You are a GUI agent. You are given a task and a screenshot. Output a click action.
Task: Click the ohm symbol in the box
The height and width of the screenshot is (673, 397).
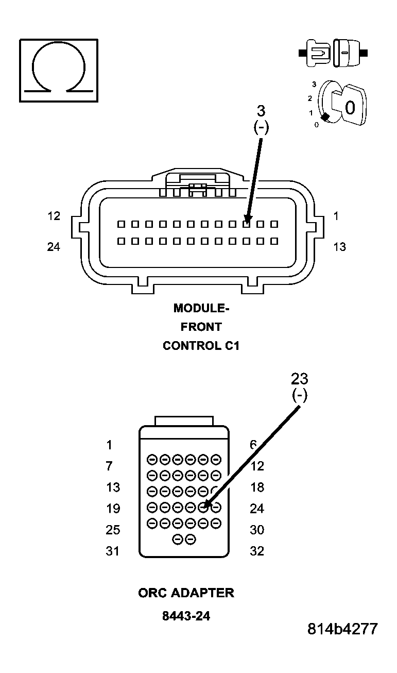[58, 71]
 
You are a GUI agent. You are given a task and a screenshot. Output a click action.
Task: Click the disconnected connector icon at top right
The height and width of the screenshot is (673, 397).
[333, 53]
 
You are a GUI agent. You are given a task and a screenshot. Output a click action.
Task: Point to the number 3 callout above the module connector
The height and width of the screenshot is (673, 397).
[261, 111]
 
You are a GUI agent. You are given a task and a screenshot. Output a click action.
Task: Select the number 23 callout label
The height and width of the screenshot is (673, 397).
[299, 379]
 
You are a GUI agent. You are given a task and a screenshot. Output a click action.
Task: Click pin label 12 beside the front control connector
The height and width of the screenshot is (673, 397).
[54, 216]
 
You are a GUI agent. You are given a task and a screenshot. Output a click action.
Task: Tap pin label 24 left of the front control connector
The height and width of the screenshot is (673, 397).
[54, 247]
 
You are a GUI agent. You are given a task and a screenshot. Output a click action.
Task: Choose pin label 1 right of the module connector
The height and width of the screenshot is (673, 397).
[336, 216]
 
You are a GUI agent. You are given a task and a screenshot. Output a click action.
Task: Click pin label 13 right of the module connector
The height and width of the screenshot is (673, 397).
[339, 247]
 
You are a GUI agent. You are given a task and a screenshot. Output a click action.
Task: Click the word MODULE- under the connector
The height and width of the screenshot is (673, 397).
[201, 308]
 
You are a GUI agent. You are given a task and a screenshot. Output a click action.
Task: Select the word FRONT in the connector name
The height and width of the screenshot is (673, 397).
[201, 327]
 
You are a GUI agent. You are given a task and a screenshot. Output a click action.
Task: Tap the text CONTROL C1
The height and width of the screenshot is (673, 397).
[201, 346]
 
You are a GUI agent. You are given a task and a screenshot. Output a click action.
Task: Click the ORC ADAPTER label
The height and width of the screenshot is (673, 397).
[186, 593]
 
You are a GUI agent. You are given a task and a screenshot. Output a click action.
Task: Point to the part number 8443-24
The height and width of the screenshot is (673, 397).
[186, 616]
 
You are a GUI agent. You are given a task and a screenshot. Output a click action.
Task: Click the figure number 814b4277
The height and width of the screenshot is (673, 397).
[342, 629]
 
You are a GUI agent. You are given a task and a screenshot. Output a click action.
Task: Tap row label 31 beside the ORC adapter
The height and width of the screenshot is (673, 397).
[112, 551]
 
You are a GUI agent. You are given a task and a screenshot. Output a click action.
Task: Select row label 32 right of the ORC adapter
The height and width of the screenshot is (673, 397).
[256, 551]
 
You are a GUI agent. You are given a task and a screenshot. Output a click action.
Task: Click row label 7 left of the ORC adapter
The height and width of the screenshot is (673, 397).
[109, 466]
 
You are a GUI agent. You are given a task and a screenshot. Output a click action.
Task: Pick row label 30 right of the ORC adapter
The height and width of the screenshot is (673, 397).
[256, 530]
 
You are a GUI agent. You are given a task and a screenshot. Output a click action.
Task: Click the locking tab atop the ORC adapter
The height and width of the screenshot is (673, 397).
[184, 421]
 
